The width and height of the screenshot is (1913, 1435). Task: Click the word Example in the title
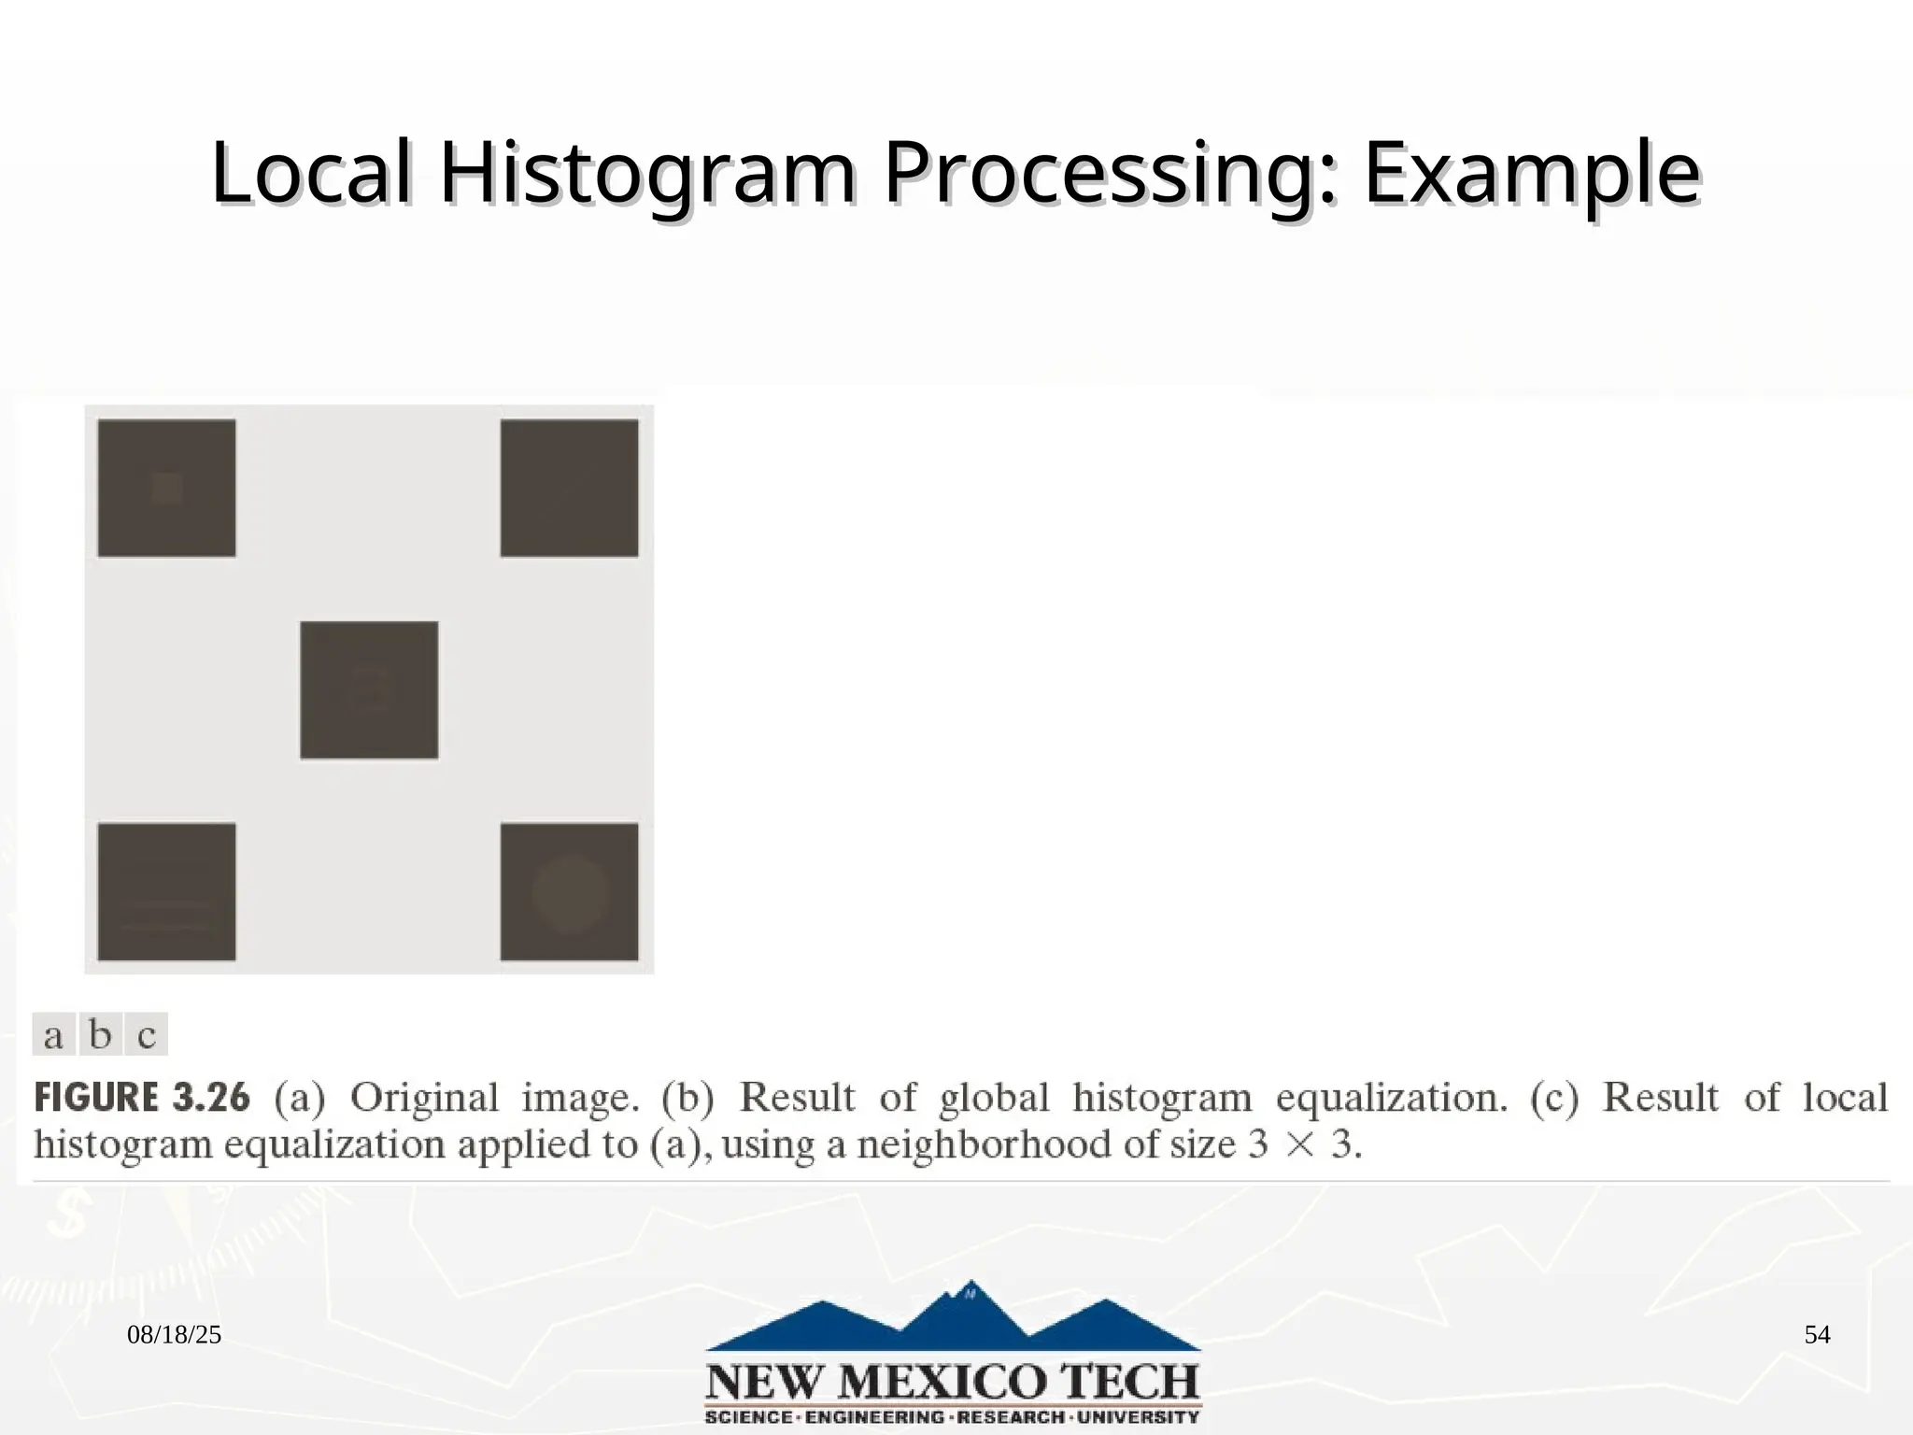1531,174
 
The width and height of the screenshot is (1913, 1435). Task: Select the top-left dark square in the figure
166,488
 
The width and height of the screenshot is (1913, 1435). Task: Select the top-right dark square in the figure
569,488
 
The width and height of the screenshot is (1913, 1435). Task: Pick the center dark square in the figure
369,689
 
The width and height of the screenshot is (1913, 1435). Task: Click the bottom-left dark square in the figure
166,891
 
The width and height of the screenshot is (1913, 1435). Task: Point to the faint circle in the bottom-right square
570,894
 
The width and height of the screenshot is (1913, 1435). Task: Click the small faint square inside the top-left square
167,488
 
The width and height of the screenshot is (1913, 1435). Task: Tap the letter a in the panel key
54,1035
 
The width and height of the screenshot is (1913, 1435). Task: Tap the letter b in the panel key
100,1035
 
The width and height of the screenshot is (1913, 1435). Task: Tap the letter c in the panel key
147,1035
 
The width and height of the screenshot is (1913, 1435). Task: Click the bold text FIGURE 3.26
142,1098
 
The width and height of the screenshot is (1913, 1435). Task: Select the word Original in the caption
424,1098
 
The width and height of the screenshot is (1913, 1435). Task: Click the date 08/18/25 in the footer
174,1335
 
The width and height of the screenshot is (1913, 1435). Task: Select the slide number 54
1817,1335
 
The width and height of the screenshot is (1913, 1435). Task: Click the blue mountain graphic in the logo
953,1317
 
